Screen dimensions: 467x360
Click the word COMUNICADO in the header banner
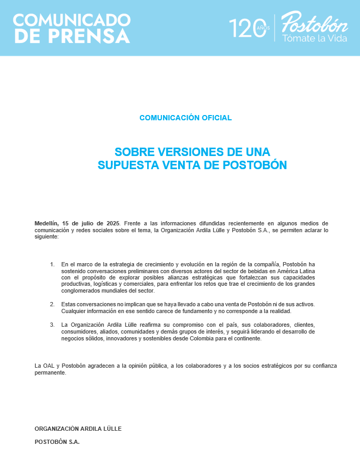click(72, 20)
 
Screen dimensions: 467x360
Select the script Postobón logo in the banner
click(314, 23)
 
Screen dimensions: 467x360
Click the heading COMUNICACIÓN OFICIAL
click(186, 118)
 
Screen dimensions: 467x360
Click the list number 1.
click(52, 264)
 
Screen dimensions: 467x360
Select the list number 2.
click(52, 304)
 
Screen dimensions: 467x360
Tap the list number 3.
click(52, 325)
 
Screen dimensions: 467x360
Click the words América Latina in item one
click(296, 271)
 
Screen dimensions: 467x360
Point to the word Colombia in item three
click(205, 338)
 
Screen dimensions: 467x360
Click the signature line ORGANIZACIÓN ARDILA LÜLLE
click(78, 429)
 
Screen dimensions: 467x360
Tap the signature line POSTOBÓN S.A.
click(57, 442)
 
